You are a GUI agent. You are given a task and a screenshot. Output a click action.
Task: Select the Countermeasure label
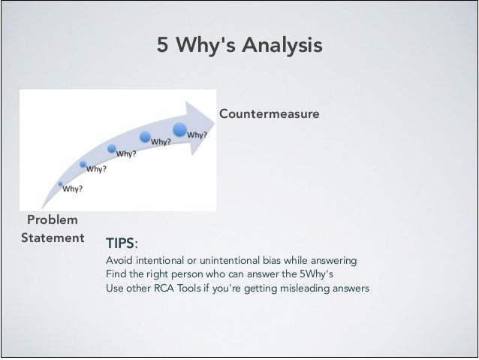pyautogui.click(x=269, y=113)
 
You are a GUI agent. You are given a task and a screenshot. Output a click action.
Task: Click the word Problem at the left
pyautogui.click(x=52, y=219)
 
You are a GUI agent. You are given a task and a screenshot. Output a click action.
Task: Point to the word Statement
pyautogui.click(x=53, y=238)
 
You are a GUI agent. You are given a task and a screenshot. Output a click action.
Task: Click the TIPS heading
pyautogui.click(x=120, y=244)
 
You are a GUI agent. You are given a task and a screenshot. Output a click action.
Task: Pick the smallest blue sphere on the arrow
pyautogui.click(x=60, y=183)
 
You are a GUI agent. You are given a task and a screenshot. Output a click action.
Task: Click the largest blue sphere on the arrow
pyautogui.click(x=180, y=130)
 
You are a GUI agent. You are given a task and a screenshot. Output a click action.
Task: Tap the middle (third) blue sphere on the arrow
pyautogui.click(x=111, y=148)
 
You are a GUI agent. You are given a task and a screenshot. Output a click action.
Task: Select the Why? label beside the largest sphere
pyautogui.click(x=198, y=135)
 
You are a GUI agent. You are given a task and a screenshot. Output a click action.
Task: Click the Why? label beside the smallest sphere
pyautogui.click(x=73, y=189)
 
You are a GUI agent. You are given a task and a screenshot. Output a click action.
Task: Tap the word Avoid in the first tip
pyautogui.click(x=119, y=260)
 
